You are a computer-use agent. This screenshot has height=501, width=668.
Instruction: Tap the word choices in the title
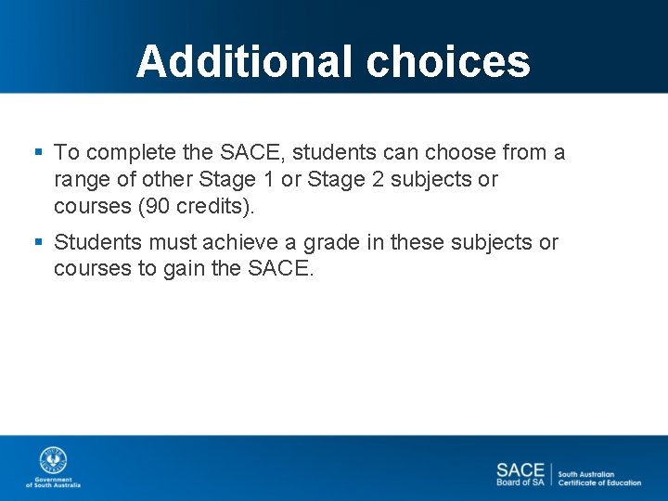click(448, 62)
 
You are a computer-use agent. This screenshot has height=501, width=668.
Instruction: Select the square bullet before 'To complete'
click(38, 151)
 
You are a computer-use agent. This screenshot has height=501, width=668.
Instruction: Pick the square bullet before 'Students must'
click(38, 242)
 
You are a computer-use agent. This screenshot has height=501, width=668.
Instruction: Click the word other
click(164, 179)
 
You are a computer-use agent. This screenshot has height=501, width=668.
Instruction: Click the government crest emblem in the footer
click(53, 461)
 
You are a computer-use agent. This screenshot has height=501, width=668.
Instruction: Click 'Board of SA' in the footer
click(520, 482)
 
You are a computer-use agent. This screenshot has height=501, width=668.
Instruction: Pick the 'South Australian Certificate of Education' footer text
click(599, 478)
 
